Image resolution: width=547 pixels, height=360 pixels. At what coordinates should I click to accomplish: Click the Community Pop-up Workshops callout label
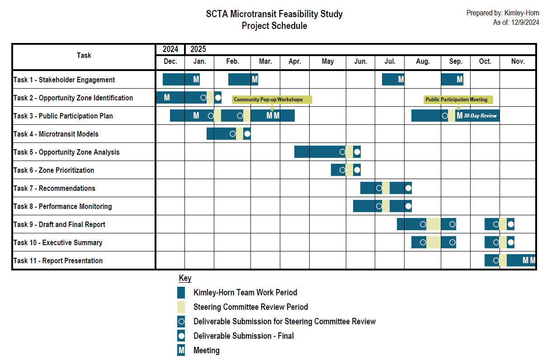(x=268, y=99)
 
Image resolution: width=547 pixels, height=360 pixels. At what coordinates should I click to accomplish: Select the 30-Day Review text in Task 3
(x=480, y=116)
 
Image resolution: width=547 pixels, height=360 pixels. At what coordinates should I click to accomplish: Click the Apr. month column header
(x=295, y=62)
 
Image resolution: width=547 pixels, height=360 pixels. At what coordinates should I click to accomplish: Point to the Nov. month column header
(x=518, y=62)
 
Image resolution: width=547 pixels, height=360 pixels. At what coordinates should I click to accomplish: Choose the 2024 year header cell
(x=170, y=49)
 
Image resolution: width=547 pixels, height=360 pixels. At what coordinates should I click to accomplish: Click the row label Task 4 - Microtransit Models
(x=56, y=134)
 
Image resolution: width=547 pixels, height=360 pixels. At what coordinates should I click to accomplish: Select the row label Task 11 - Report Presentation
(x=58, y=261)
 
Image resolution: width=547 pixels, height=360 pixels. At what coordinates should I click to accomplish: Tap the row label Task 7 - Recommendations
(x=54, y=188)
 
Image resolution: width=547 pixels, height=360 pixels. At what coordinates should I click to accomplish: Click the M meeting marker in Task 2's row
(x=167, y=97)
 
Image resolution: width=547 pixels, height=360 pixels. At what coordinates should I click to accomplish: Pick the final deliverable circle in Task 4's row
(x=247, y=133)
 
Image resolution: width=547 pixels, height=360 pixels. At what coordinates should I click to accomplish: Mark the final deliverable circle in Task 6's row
(x=357, y=170)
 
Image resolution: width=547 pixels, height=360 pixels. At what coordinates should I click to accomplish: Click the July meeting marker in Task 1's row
(x=401, y=80)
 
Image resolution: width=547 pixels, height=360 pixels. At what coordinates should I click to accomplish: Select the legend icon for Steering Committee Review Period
(x=181, y=307)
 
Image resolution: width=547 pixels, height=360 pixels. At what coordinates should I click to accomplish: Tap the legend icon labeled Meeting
(x=181, y=350)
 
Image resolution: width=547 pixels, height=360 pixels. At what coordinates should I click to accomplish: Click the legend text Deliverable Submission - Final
(x=243, y=336)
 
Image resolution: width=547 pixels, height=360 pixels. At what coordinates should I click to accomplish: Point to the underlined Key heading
(x=185, y=278)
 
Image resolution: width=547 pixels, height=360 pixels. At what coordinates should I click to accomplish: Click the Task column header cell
(x=84, y=55)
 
